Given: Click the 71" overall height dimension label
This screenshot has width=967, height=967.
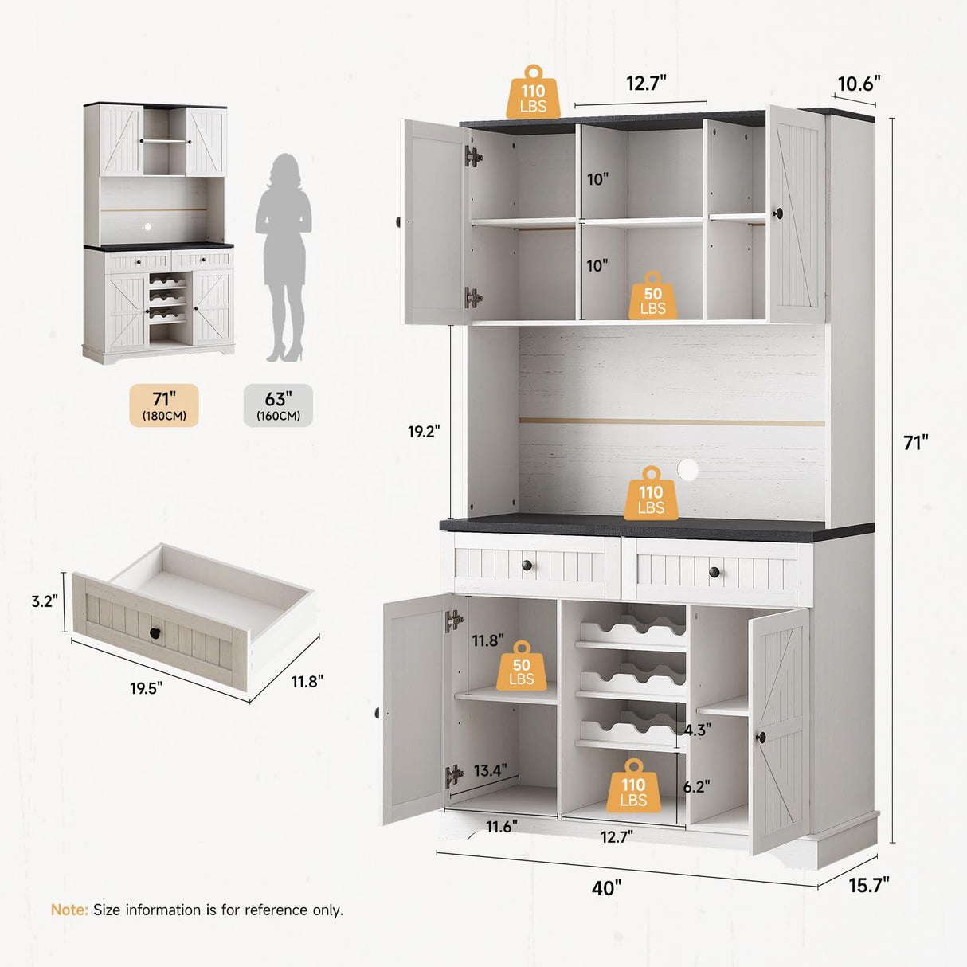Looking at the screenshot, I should click(915, 442).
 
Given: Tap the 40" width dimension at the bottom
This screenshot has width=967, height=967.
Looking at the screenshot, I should click(606, 887).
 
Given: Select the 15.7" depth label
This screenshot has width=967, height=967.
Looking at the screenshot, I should click(868, 884).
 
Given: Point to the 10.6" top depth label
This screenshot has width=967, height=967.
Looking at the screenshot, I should click(858, 84).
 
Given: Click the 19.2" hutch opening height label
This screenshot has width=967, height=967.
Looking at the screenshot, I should click(424, 431).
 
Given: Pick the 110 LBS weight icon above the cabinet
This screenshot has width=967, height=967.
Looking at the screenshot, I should click(533, 94).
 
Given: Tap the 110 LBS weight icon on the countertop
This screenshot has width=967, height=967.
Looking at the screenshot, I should click(651, 495).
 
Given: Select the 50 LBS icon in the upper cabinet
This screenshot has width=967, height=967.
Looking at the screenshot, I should click(652, 296).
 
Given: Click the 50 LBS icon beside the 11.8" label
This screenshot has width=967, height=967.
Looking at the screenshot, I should click(521, 668).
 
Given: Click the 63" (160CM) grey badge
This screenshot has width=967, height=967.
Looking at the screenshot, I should click(278, 405).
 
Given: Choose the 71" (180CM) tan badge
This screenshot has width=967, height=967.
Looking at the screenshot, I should click(164, 405).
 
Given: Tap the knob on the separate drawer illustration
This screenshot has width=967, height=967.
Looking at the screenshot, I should click(154, 633).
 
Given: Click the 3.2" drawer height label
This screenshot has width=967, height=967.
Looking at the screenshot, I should click(45, 601).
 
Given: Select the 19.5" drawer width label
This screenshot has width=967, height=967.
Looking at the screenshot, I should click(146, 687).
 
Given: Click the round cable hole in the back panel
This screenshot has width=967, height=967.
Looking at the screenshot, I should click(687, 470).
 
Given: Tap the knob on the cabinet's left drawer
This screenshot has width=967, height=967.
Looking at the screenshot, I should click(527, 566).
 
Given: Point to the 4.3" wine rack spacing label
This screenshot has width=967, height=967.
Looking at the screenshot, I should click(698, 730).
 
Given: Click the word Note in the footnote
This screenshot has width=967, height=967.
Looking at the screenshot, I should click(69, 910).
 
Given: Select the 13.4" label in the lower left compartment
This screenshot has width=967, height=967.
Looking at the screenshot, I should click(490, 770).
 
